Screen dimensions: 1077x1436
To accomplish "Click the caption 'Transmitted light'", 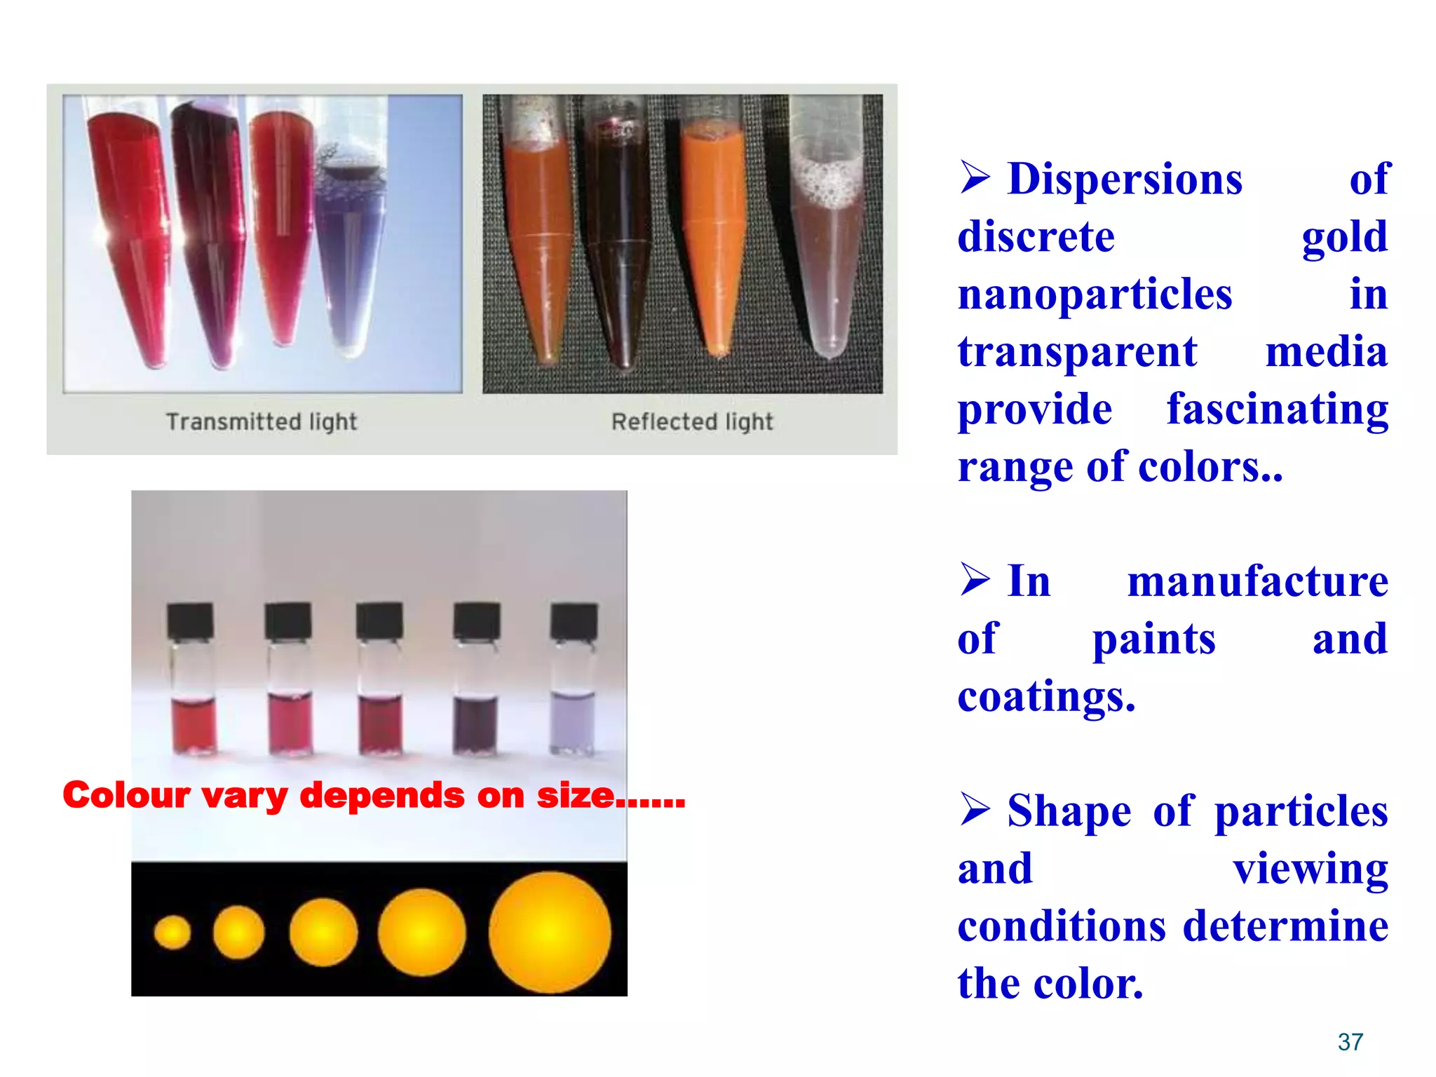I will (x=262, y=421).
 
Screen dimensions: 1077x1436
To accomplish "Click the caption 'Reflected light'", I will (x=692, y=421).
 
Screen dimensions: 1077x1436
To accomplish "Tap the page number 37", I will (x=1350, y=1042).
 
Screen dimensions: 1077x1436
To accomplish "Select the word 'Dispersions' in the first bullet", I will (x=1125, y=179).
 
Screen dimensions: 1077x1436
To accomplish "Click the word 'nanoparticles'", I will (x=1095, y=294).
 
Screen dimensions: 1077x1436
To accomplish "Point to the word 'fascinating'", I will (x=1277, y=409).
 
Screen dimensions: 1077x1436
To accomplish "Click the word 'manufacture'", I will (x=1257, y=582).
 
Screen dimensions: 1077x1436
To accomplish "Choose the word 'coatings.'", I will (x=1046, y=697).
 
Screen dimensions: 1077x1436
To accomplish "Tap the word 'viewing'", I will (x=1310, y=869).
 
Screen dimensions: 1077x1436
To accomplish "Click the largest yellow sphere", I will (x=550, y=933).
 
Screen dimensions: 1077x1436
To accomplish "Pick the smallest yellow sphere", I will (x=172, y=933).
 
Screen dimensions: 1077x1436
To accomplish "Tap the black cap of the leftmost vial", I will (x=190, y=620).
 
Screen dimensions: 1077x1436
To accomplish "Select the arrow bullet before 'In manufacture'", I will (x=975, y=580).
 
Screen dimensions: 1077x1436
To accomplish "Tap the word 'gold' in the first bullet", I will (x=1344, y=237).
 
